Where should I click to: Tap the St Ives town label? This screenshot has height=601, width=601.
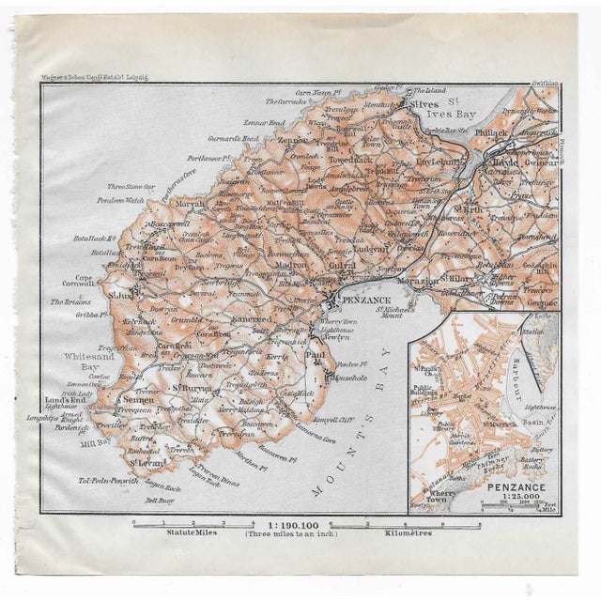tap(424, 105)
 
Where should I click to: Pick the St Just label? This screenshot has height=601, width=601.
tap(122, 295)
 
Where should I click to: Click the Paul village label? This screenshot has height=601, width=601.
tap(318, 356)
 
